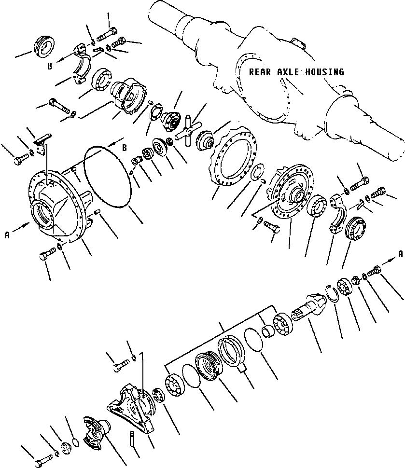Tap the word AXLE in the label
(288, 72)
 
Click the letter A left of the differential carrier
(7, 235)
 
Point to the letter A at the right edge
(401, 254)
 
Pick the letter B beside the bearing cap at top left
(50, 66)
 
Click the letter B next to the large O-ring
(125, 148)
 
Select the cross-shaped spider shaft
(189, 131)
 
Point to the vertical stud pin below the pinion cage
(131, 440)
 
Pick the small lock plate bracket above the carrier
(42, 144)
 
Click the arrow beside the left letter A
(21, 227)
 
